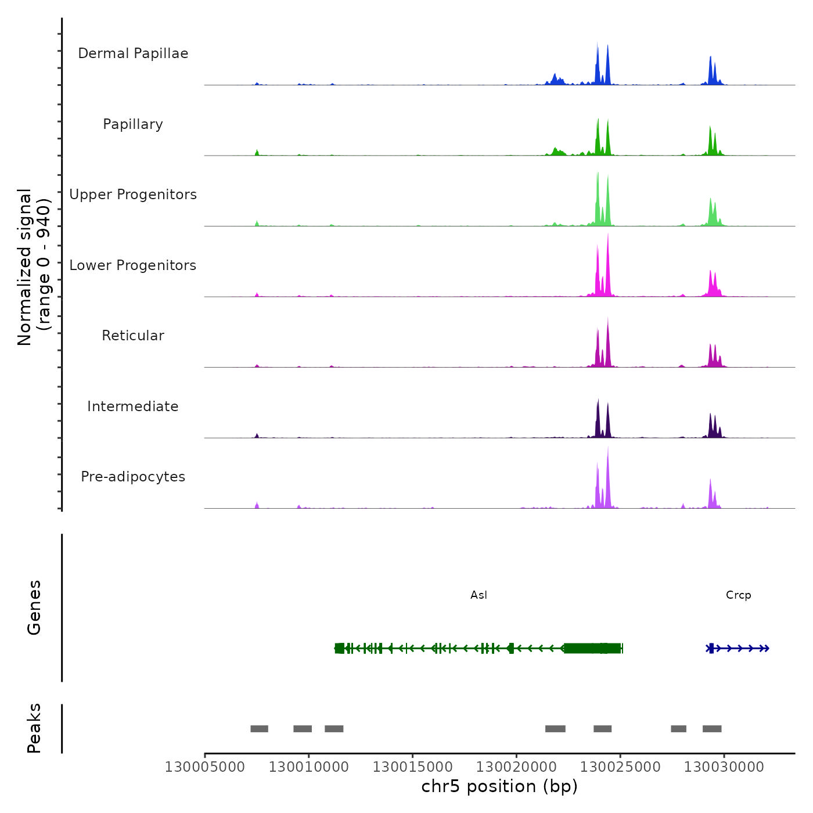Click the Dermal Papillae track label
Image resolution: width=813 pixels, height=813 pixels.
point(133,53)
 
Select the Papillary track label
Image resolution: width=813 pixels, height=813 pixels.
point(133,124)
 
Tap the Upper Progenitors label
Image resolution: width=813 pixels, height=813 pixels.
point(133,195)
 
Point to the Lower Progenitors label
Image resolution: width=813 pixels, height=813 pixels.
point(133,265)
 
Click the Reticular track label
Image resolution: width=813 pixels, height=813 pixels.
point(133,336)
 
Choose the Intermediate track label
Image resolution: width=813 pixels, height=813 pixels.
point(133,406)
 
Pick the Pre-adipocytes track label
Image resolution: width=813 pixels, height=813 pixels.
point(133,477)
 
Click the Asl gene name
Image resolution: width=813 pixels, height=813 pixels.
point(479,595)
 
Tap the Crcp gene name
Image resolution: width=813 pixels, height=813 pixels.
point(738,595)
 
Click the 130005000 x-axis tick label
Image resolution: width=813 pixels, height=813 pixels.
point(205,767)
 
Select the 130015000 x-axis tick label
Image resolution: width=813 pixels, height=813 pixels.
point(412,767)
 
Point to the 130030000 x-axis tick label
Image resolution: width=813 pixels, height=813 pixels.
point(724,767)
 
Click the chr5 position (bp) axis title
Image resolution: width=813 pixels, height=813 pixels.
point(499,787)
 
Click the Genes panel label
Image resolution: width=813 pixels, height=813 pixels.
point(34,607)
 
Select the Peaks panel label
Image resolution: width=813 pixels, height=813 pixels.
point(34,728)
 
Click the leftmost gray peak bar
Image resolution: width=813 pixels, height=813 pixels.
point(259,729)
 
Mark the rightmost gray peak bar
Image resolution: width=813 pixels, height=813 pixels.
point(712,729)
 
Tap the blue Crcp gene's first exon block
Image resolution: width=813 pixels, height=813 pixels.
point(711,649)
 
